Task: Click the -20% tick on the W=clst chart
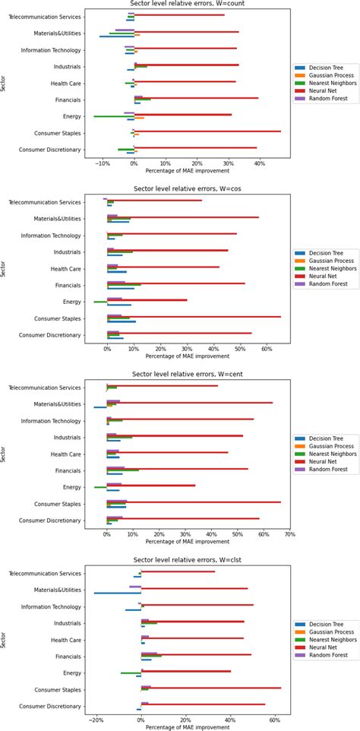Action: (96, 718)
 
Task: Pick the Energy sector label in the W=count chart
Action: (72, 116)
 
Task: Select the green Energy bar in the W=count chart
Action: (114, 116)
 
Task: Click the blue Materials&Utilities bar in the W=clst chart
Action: (118, 593)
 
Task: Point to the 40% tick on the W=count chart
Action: (260, 163)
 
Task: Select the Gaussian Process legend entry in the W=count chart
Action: (328, 76)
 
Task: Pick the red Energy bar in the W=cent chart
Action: (151, 485)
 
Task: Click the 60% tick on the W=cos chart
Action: (266, 350)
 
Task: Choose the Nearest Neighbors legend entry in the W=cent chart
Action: (330, 453)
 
